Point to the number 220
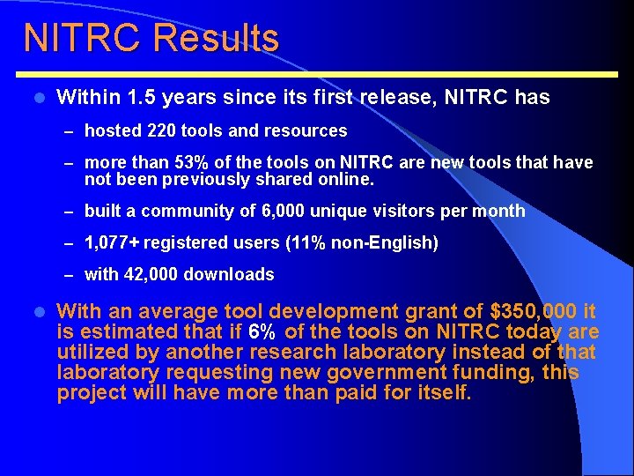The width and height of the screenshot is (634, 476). [162, 130]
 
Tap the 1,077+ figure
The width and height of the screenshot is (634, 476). [111, 242]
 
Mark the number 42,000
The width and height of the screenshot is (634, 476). [148, 274]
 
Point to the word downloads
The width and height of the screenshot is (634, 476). [229, 274]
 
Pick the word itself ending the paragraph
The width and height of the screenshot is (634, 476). [442, 392]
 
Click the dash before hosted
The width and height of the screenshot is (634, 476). [70, 131]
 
